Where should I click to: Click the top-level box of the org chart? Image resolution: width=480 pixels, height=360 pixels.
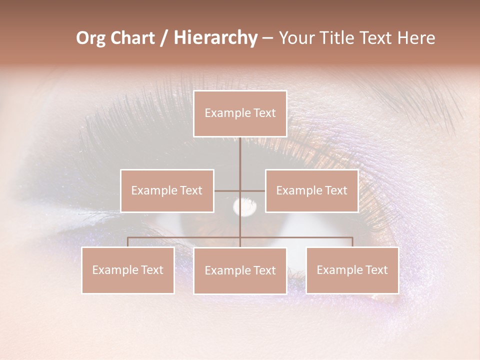click(240, 113)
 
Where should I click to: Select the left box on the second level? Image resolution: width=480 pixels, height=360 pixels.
click(167, 190)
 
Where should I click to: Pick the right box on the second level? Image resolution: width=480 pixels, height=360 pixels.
click(311, 190)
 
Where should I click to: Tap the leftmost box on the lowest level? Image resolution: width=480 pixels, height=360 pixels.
click(128, 270)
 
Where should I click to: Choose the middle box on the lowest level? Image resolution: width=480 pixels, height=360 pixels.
click(240, 270)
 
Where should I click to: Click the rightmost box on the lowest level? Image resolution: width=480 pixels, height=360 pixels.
click(352, 270)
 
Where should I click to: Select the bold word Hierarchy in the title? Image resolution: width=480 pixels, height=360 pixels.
click(215, 38)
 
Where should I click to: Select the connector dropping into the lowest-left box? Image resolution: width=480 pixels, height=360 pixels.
click(128, 242)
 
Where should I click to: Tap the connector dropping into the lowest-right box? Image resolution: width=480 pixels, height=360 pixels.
click(352, 242)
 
